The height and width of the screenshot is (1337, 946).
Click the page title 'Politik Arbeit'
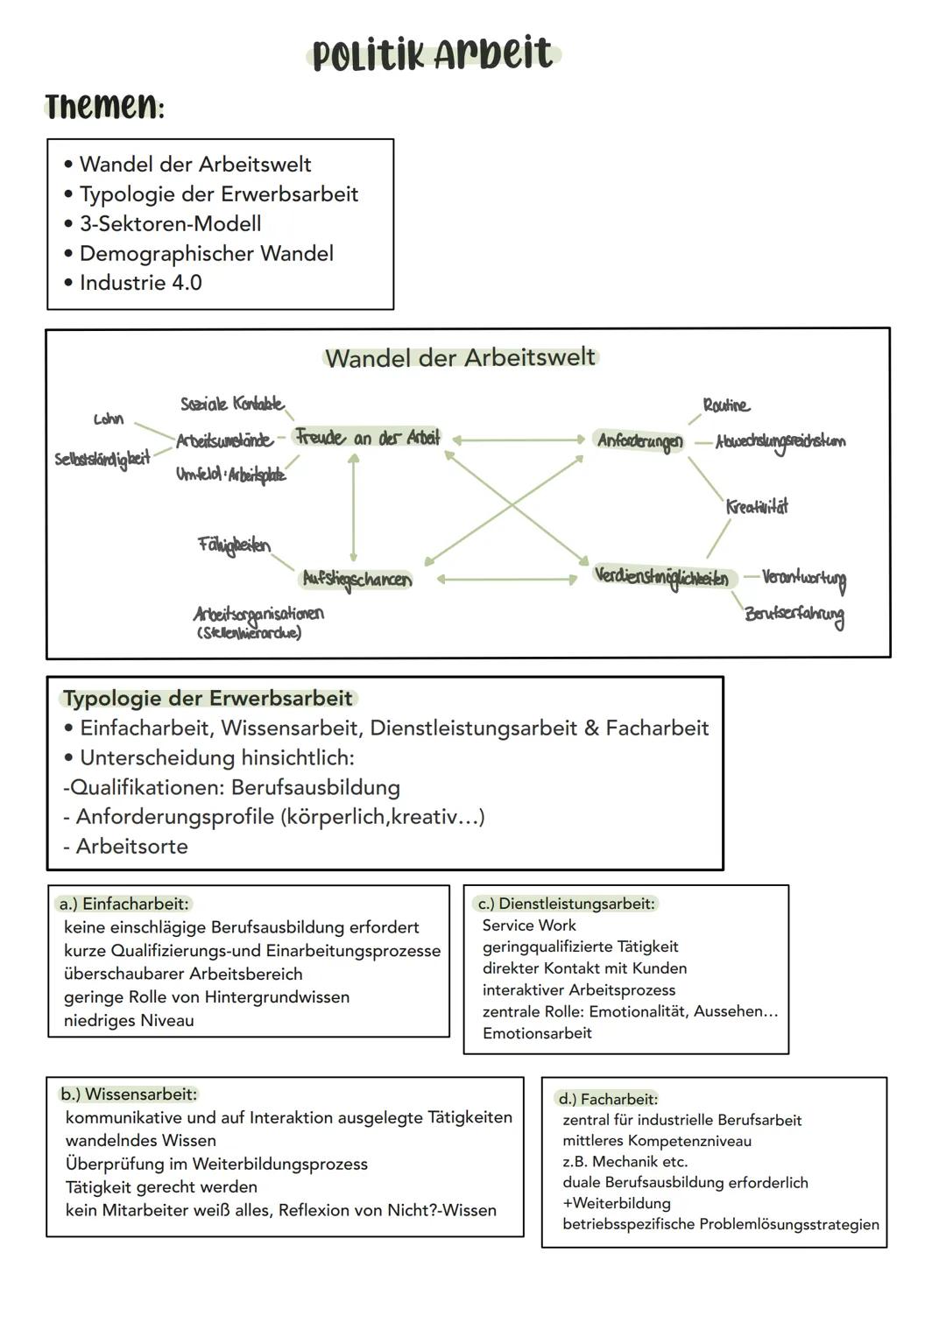tap(433, 54)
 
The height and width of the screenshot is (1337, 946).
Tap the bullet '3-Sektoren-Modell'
tap(170, 224)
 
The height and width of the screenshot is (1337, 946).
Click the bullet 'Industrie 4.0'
tap(140, 283)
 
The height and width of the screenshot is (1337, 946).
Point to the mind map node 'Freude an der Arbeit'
tap(367, 437)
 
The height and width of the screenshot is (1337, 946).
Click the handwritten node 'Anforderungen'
tap(639, 441)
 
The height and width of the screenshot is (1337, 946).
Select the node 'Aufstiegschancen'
tap(356, 580)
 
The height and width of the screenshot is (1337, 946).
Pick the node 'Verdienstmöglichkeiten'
tap(661, 576)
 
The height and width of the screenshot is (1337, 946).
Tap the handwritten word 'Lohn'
tap(109, 419)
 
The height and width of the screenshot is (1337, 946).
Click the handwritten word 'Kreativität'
tap(757, 507)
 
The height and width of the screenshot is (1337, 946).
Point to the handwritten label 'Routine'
tap(726, 405)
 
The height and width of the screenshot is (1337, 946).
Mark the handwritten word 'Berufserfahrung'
tap(794, 614)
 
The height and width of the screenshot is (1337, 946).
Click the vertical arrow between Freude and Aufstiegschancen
tap(353, 508)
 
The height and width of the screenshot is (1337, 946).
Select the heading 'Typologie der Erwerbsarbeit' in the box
tap(208, 699)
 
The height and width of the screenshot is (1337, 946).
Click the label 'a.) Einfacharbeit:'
tap(124, 904)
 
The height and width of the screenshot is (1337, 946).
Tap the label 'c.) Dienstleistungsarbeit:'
tap(566, 904)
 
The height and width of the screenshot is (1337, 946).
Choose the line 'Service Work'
tap(529, 925)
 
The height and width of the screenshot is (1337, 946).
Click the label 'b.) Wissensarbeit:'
tap(129, 1094)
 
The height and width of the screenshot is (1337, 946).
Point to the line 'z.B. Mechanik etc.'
tap(625, 1162)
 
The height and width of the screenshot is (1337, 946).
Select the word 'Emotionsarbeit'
tap(537, 1033)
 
